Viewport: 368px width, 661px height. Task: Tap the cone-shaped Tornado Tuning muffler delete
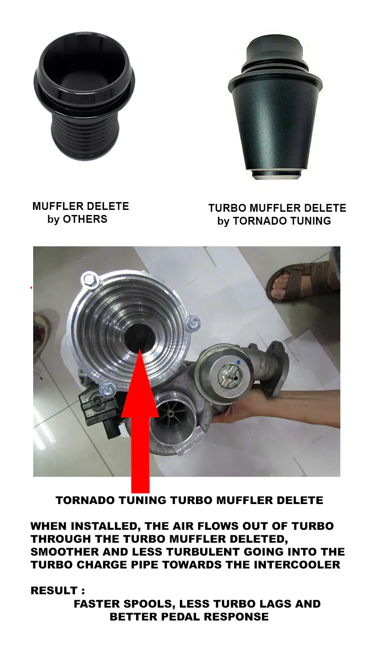(x=275, y=109)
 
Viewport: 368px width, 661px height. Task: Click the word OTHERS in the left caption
(x=85, y=219)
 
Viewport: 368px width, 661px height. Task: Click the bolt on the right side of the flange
(x=192, y=324)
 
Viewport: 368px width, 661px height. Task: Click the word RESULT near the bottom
(x=54, y=591)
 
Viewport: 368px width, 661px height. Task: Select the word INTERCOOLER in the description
(x=297, y=565)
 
